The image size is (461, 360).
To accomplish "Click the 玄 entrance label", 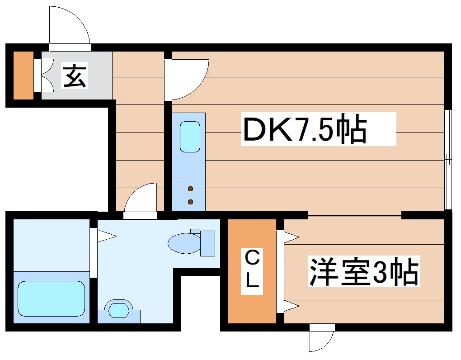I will pos(74,76).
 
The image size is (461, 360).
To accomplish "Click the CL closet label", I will pos(252,270).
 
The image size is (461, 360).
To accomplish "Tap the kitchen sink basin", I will pos(189,137).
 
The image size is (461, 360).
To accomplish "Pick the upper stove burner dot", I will pos(190,188).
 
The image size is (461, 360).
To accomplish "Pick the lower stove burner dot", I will pos(190,201).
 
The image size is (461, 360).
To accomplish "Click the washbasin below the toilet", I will pos(118,311).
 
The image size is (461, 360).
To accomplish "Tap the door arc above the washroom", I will pos(141,197).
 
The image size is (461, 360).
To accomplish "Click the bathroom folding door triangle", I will pos(108,235).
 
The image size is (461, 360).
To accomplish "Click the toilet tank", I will pos(207,243).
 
